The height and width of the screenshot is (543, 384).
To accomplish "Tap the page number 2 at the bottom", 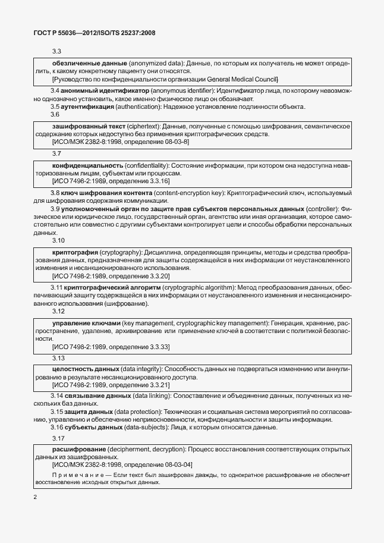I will coord(35,496).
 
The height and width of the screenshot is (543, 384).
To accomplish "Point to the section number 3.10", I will coord(58,240).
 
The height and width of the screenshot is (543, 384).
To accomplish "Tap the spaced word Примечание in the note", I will coord(74,475).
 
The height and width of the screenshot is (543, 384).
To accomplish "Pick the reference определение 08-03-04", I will coord(158,465).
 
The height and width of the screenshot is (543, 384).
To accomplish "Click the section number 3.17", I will coord(58,438).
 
